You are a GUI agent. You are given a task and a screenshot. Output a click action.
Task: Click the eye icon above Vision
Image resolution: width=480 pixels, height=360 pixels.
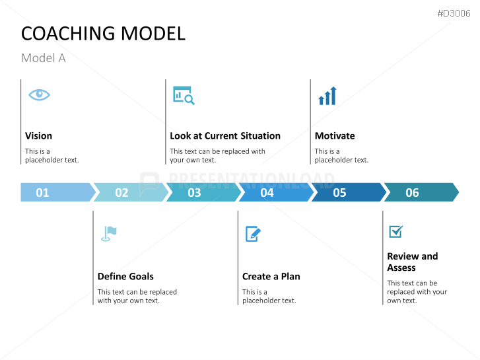39,94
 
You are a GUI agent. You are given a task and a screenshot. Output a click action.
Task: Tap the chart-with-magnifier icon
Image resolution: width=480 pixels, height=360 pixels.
184,96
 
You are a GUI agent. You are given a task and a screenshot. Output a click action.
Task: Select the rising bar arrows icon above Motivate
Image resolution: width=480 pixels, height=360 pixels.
327,96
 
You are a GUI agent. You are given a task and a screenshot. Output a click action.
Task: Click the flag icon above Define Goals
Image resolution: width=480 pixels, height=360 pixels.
109,233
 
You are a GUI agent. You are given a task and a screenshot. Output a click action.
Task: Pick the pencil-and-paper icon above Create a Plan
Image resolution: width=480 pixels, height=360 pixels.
253,234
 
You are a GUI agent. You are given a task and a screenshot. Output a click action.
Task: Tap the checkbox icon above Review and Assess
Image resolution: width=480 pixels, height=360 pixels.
395,232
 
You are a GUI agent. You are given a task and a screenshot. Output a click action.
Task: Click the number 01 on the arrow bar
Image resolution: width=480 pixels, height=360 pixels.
42,193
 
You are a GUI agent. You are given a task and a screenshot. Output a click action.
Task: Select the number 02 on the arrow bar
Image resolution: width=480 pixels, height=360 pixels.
121,193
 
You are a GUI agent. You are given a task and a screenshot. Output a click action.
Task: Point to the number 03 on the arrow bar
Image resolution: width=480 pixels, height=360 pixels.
194,193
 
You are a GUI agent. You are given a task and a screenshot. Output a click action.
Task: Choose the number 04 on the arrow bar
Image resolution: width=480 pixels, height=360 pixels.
267,193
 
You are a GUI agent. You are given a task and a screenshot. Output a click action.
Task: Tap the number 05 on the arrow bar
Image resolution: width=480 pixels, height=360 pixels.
339,193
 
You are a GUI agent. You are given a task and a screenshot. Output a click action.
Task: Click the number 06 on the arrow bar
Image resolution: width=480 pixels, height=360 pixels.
412,193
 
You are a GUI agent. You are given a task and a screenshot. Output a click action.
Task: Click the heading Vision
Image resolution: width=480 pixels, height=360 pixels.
38,135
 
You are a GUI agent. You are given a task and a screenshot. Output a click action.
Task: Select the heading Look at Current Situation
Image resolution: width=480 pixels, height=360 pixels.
225,135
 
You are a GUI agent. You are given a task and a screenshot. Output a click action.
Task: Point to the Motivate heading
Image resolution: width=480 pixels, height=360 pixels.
335,135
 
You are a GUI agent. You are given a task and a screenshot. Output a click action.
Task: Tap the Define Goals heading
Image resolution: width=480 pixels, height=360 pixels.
125,276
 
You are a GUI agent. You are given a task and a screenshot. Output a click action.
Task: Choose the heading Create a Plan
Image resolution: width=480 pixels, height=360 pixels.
271,276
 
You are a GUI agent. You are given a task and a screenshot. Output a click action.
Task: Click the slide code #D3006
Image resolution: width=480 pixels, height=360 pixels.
454,13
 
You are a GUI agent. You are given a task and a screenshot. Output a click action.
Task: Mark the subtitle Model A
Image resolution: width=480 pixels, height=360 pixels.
44,58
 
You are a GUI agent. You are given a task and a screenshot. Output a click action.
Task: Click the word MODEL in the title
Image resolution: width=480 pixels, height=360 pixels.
153,34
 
